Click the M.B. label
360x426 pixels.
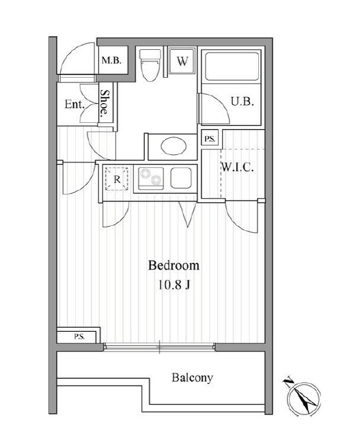111,60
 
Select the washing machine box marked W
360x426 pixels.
182,61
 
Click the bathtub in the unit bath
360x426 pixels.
232,66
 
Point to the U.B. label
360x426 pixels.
243,102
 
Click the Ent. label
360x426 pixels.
74,104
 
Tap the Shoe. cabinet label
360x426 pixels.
105,103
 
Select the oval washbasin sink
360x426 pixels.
174,146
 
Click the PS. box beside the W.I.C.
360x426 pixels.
210,139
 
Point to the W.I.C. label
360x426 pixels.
237,167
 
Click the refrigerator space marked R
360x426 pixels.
117,179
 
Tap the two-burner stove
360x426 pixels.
151,178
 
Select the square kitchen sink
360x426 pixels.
181,178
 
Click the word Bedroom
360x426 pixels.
174,266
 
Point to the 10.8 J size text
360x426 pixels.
174,285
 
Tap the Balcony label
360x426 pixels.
192,378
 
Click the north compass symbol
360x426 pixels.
303,396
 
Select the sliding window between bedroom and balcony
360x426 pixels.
159,347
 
